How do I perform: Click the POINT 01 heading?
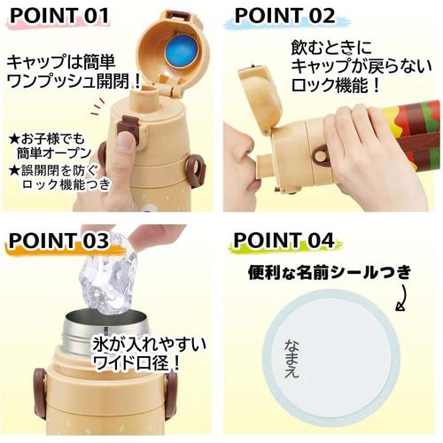pyautogui.click(x=59, y=15)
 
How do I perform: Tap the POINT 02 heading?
pyautogui.click(x=284, y=15)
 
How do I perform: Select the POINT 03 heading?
pyautogui.click(x=58, y=240)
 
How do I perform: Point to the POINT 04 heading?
pyautogui.click(x=284, y=240)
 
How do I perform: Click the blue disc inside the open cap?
pyautogui.click(x=181, y=51)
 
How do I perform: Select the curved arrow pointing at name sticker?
pyautogui.click(x=402, y=298)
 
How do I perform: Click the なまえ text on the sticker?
pyautogui.click(x=291, y=358)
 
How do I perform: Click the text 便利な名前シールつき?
pyautogui.click(x=330, y=273)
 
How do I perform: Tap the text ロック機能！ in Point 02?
pyautogui.click(x=336, y=85)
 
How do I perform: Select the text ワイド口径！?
pyautogui.click(x=136, y=361)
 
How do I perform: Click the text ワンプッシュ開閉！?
pyautogui.click(x=74, y=81)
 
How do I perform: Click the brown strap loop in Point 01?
pyautogui.click(x=196, y=171)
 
